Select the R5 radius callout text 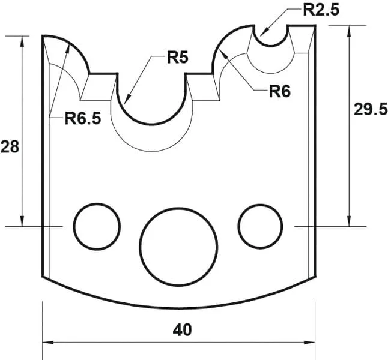178,58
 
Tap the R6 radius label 279,91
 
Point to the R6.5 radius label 83,118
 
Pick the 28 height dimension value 9,147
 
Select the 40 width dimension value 181,329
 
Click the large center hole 178,247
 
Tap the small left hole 97,226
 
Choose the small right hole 260,226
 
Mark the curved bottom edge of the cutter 178,305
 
